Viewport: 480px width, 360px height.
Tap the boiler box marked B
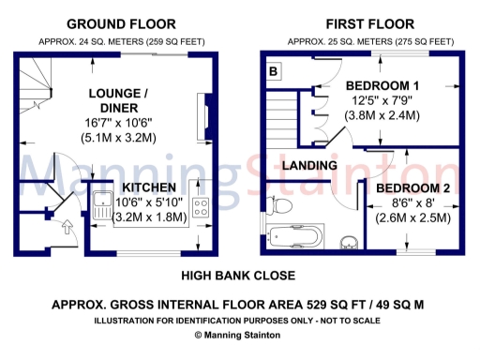coord(274,70)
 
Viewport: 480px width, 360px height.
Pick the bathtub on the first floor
coord(295,234)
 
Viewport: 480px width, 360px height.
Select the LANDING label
coord(311,166)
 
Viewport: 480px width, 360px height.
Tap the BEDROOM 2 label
coord(413,188)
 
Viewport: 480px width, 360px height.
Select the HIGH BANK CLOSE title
coord(238,276)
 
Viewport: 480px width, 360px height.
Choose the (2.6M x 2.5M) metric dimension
coord(413,217)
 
